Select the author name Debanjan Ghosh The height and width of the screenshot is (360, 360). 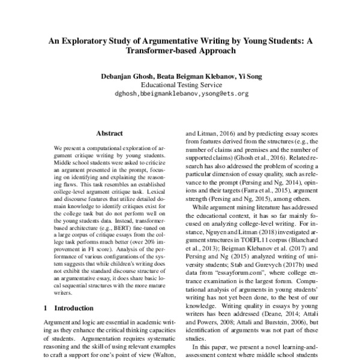pos(119,77)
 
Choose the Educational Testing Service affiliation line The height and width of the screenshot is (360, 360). pos(179,85)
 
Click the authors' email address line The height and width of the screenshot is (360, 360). pos(179,94)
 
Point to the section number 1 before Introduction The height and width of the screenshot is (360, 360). pos(46,307)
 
